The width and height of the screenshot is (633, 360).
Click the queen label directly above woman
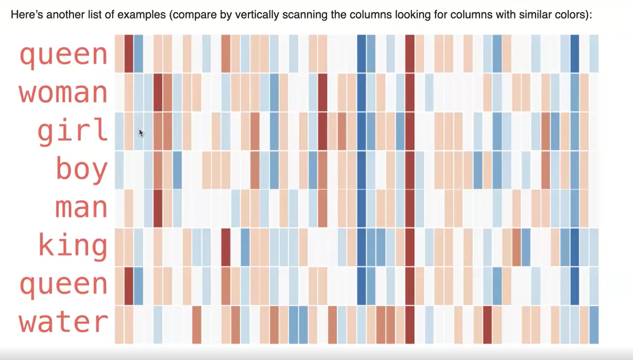(63, 55)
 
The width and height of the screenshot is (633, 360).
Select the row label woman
(63, 93)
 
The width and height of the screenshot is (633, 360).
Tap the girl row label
(73, 131)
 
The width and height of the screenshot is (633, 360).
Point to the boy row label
(81, 170)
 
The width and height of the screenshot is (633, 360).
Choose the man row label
(81, 208)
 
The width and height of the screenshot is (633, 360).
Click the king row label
(73, 246)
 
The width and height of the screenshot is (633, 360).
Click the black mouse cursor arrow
(141, 133)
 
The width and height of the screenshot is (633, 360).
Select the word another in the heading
(60, 15)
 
